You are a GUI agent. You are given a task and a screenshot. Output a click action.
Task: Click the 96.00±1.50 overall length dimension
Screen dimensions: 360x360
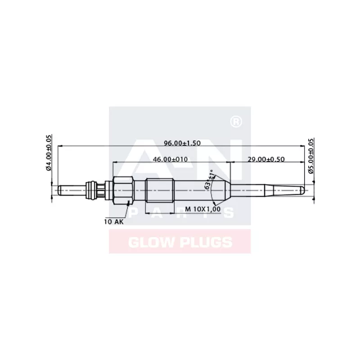(x=182, y=143)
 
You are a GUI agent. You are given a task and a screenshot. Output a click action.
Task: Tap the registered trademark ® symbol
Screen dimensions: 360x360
(x=234, y=122)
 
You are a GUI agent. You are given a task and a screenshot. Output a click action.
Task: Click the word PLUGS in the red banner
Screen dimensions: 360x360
(x=204, y=243)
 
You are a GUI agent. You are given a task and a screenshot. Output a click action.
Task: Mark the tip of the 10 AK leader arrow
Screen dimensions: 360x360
(x=130, y=202)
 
